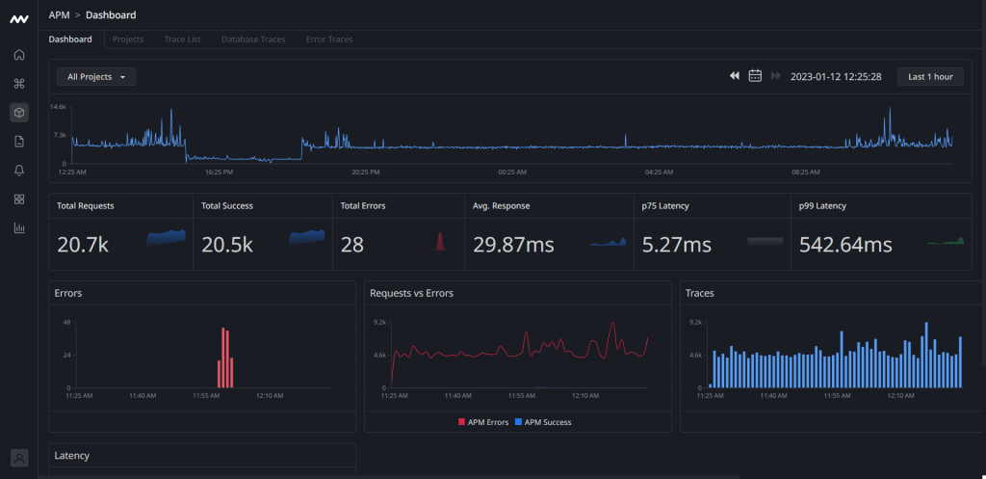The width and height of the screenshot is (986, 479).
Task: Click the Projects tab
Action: click(x=128, y=40)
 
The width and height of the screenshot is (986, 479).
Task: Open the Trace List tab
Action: click(x=182, y=40)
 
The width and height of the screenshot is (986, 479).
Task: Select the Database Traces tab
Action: click(x=253, y=40)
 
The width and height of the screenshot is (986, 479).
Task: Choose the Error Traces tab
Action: click(x=329, y=40)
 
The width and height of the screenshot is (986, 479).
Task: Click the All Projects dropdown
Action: click(x=96, y=76)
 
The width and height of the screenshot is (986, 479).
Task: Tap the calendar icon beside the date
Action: click(x=756, y=76)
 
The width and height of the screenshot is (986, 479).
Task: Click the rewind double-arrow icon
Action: click(x=734, y=76)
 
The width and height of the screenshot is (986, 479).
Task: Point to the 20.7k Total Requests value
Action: click(x=83, y=245)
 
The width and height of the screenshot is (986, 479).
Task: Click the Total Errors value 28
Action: click(x=352, y=245)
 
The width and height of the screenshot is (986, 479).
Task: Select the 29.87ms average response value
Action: click(x=513, y=245)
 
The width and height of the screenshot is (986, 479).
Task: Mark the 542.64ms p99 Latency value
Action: click(x=845, y=245)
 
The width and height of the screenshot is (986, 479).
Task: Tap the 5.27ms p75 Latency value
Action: click(x=676, y=245)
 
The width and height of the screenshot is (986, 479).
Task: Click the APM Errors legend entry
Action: click(x=484, y=422)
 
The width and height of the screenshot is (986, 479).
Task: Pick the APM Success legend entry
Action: click(x=543, y=422)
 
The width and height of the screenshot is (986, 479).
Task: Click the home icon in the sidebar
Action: click(x=19, y=54)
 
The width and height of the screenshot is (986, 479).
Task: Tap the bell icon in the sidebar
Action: click(x=19, y=171)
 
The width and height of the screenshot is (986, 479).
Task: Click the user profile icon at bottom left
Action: click(x=19, y=458)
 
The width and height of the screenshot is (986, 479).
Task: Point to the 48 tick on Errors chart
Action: click(x=67, y=322)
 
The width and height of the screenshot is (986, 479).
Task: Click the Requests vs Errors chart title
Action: click(x=411, y=293)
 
